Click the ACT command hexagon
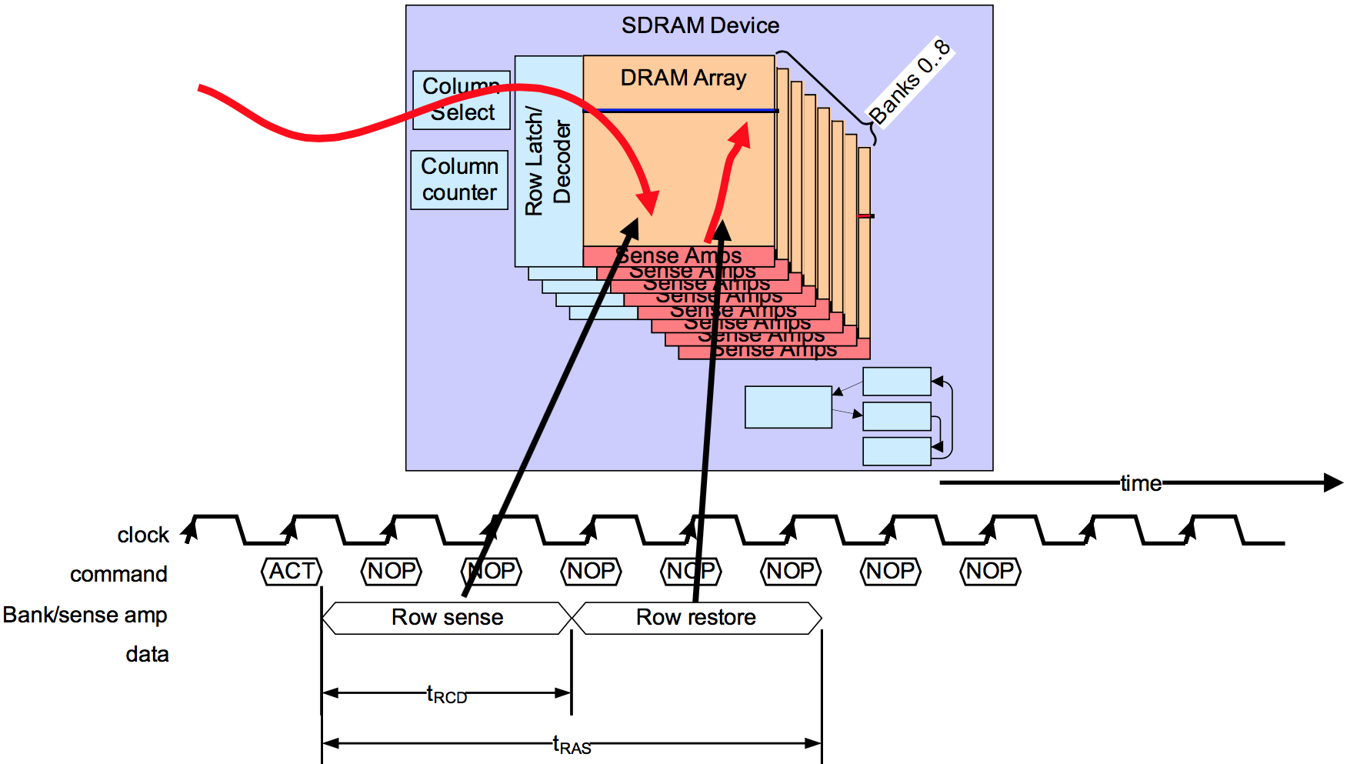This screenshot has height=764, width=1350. point(292,572)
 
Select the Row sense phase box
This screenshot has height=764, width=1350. point(447,618)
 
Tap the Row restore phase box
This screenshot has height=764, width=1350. point(696,618)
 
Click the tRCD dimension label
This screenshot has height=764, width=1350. point(447,696)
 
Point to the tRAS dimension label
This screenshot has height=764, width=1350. point(572,746)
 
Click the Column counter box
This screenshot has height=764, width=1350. point(459,180)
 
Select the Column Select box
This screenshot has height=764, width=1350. point(462,100)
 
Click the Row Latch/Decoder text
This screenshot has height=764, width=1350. point(548,162)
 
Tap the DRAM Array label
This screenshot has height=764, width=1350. point(683,78)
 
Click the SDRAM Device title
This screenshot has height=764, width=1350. point(700,26)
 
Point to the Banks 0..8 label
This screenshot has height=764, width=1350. point(909,82)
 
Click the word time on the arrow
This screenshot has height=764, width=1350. point(1140,484)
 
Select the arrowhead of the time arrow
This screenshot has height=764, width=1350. point(1333,483)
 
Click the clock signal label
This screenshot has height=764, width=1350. point(142,535)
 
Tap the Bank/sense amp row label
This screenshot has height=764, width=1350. point(85,616)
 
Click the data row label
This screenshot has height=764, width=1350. point(147,655)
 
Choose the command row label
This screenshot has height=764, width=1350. point(118,575)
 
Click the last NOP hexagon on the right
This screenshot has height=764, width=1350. point(990,572)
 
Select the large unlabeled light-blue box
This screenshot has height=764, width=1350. point(788,407)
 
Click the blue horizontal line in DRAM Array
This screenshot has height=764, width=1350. point(685,111)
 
